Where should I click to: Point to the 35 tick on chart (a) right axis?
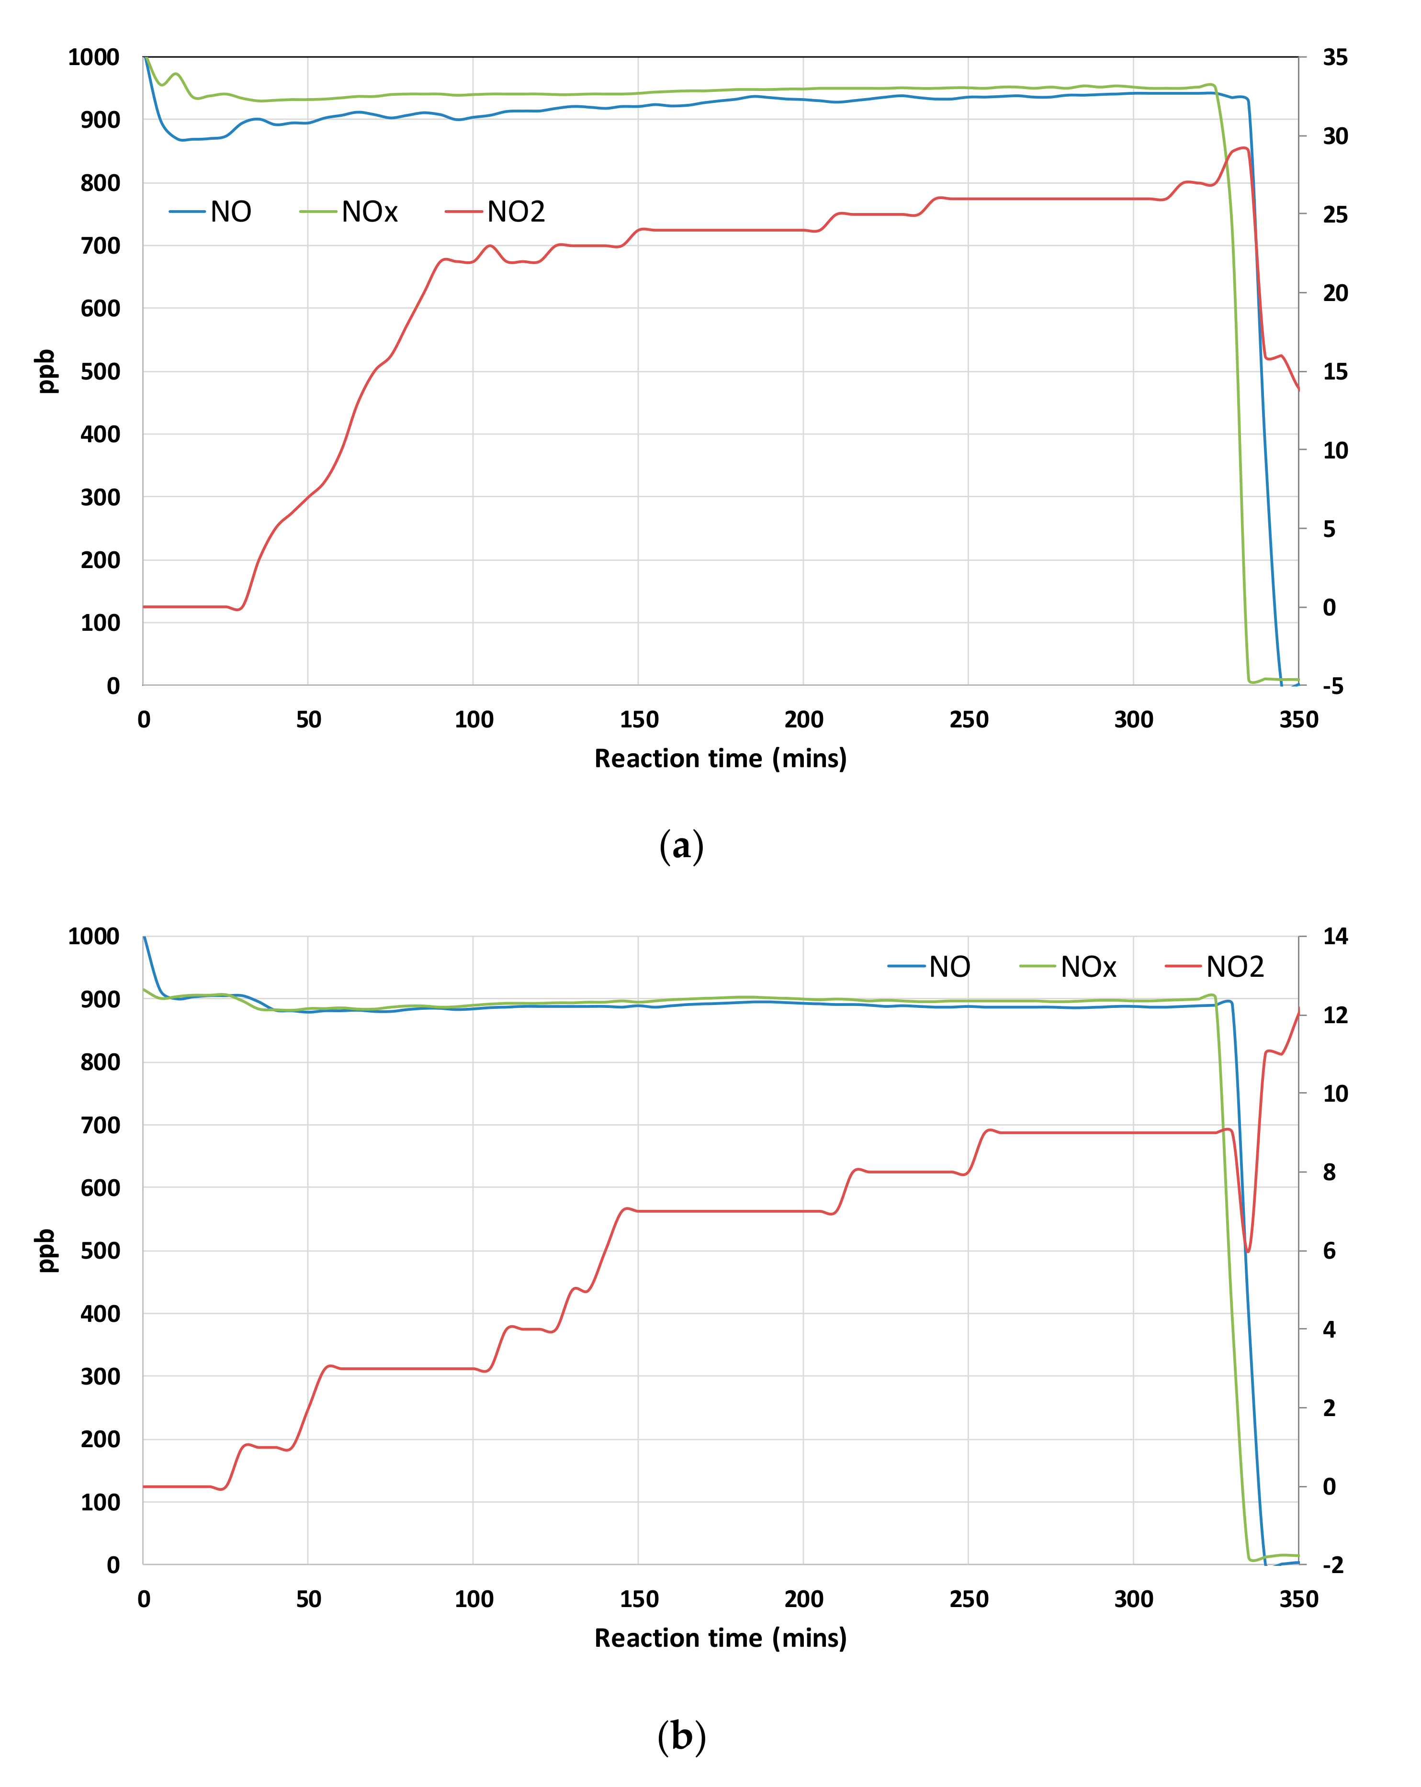1335,57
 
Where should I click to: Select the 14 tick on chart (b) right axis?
1335,937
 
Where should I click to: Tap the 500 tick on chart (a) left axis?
101,371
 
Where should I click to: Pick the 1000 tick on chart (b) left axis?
94,937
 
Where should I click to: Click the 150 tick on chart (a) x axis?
638,719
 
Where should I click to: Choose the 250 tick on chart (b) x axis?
969,1599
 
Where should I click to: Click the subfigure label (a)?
681,846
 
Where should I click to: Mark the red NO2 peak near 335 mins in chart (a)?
1243,148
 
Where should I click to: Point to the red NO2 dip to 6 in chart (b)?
1248,1251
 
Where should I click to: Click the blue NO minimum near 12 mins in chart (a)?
182,140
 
